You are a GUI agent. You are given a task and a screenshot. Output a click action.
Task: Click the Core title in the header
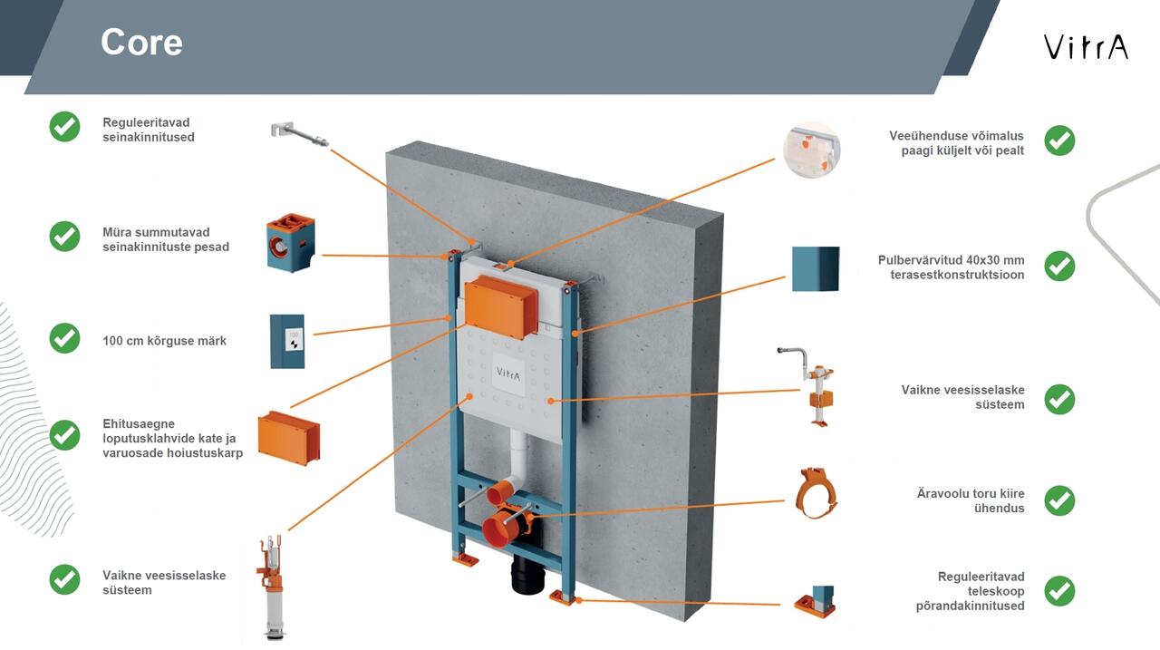click(141, 43)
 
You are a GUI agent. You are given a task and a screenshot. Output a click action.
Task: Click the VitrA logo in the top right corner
click(1085, 46)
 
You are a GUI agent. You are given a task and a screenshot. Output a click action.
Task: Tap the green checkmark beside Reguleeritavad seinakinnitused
click(64, 127)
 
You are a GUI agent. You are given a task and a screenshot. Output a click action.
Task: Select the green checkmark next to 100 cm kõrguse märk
click(64, 338)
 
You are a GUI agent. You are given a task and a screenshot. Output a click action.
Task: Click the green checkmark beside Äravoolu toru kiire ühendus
click(1059, 500)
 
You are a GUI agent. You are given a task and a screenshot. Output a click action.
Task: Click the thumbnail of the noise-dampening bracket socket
click(291, 243)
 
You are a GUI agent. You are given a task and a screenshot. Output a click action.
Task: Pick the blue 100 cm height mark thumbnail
click(287, 341)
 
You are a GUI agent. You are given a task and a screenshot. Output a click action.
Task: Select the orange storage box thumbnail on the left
click(289, 436)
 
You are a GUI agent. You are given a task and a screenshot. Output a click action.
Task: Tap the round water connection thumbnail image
click(811, 150)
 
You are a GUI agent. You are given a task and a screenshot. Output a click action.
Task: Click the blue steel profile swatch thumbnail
click(816, 268)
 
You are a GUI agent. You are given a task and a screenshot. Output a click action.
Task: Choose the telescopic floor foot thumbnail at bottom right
click(816, 602)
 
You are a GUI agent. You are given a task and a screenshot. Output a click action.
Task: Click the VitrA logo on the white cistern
click(508, 374)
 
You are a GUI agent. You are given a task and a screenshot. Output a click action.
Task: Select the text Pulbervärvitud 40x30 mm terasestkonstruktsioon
click(951, 267)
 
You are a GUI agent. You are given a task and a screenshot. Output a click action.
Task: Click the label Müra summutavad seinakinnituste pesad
click(166, 239)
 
